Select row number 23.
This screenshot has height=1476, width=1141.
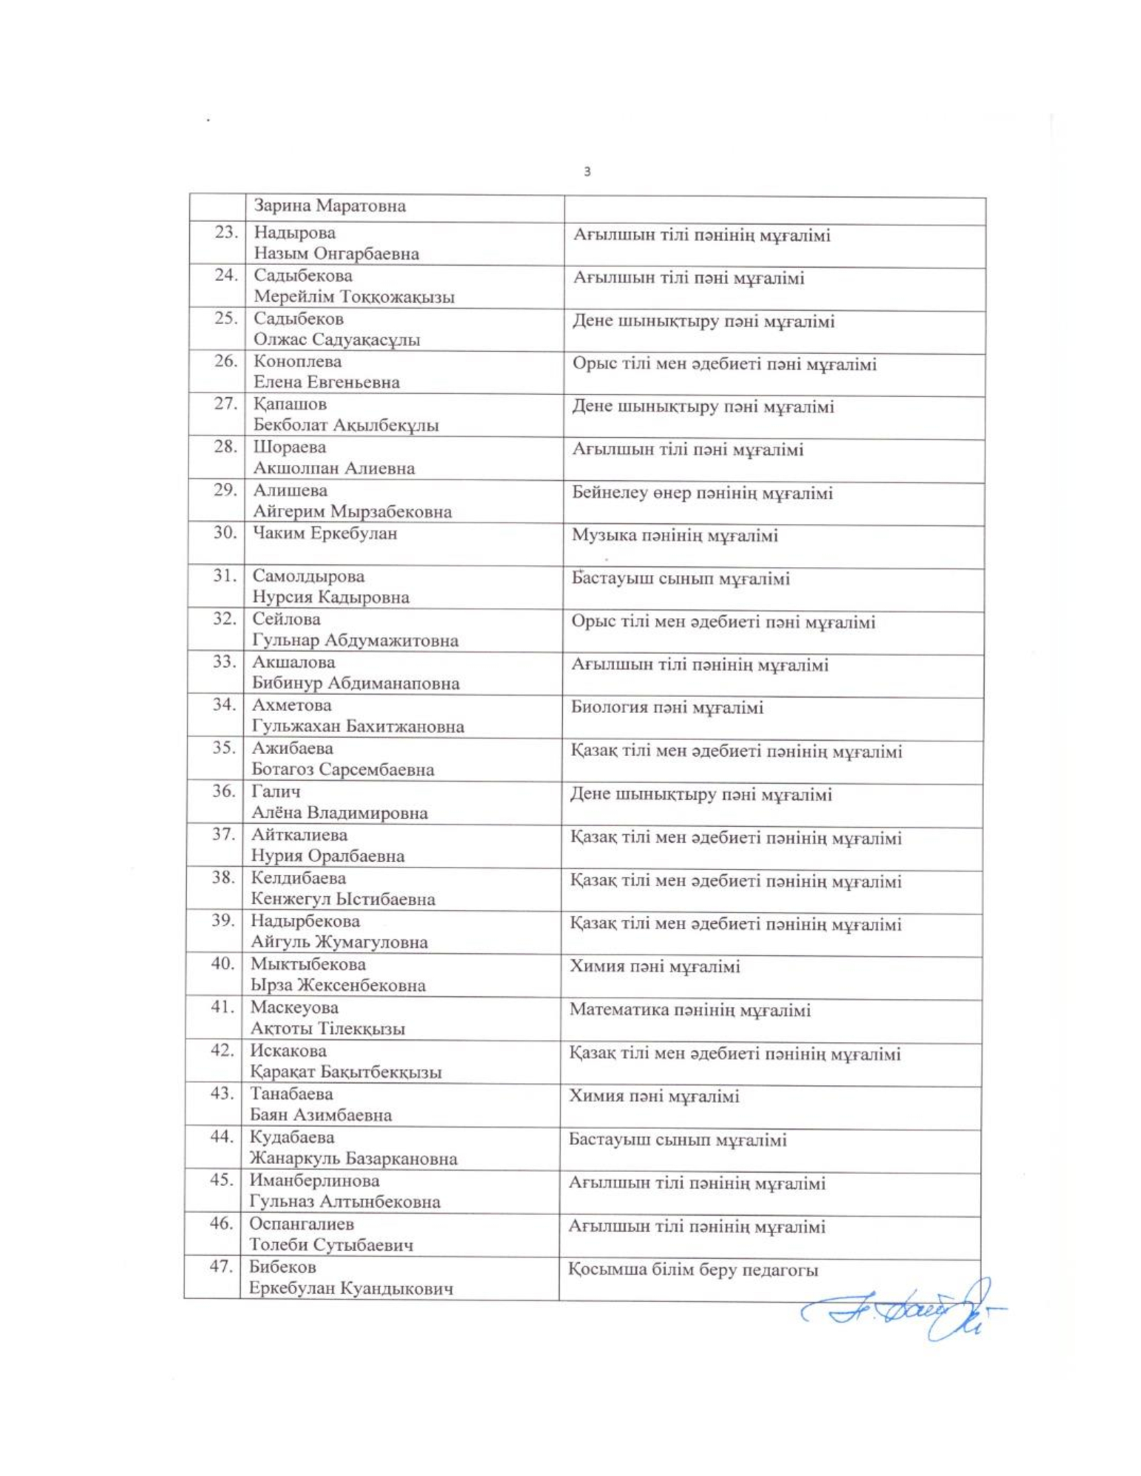(226, 233)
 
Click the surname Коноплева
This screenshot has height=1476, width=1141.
(297, 362)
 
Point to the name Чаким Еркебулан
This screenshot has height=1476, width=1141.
(324, 533)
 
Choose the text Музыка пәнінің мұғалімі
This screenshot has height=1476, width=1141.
(675, 537)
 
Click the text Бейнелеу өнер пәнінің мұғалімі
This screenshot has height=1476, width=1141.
(702, 493)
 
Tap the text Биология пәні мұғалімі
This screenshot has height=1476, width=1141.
(667, 708)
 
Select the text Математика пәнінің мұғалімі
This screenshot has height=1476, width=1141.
(689, 1011)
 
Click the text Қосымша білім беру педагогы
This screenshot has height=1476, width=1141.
(693, 1271)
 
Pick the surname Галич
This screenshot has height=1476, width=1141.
(277, 792)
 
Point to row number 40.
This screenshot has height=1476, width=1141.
(222, 963)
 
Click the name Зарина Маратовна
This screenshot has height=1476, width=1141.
(330, 206)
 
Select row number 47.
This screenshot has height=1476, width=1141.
(221, 1267)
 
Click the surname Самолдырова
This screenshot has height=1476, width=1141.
(308, 576)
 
